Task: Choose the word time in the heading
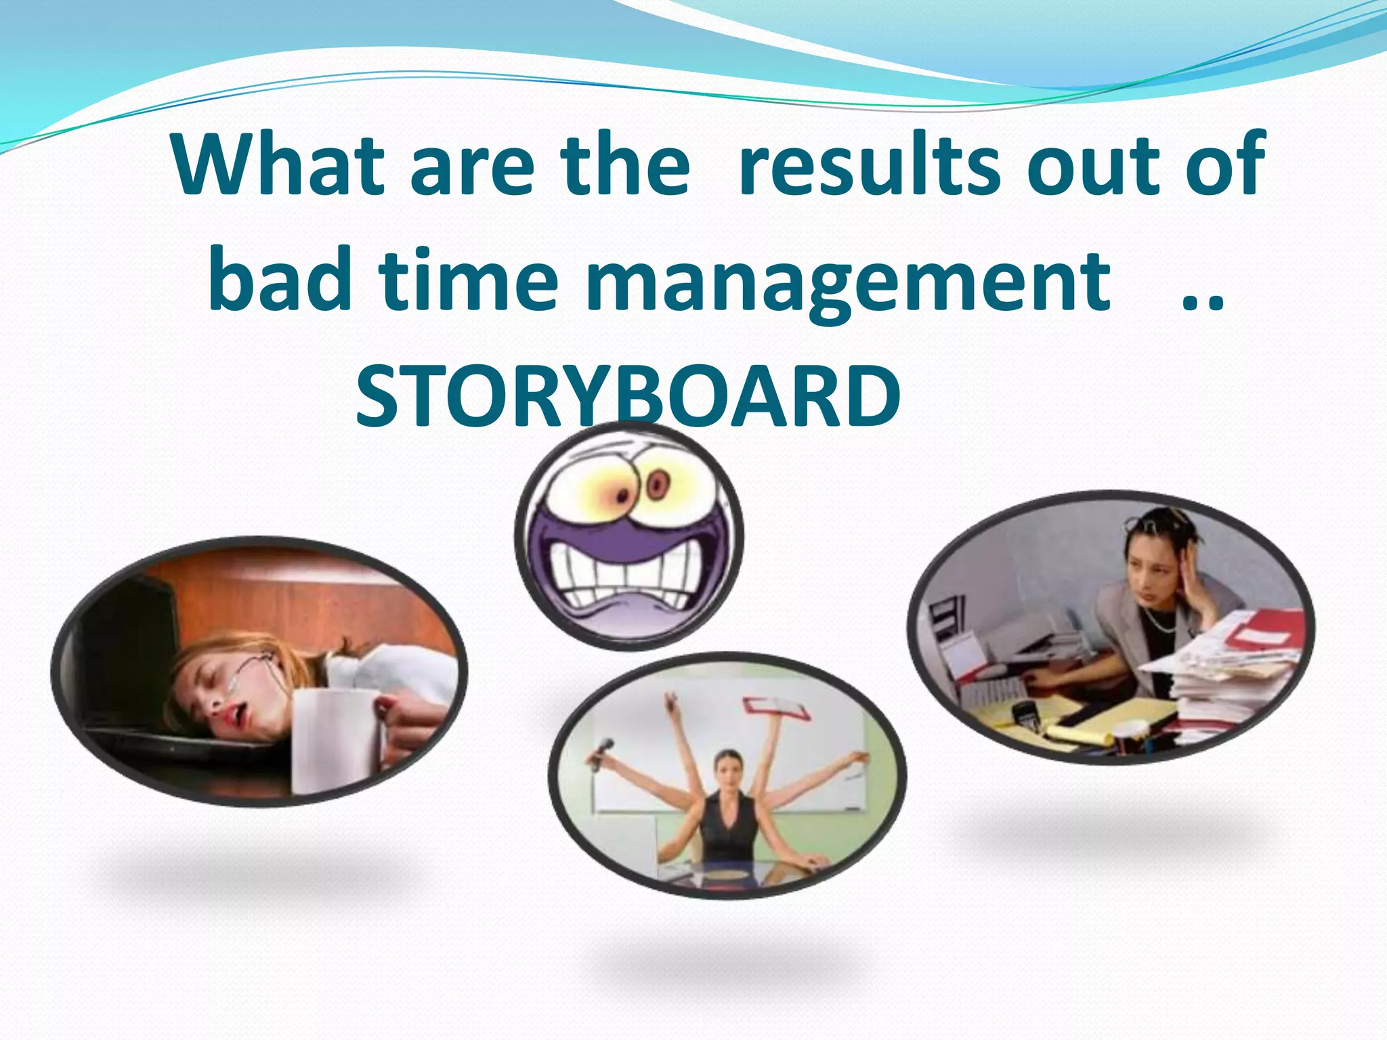468,280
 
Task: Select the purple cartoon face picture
629,538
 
